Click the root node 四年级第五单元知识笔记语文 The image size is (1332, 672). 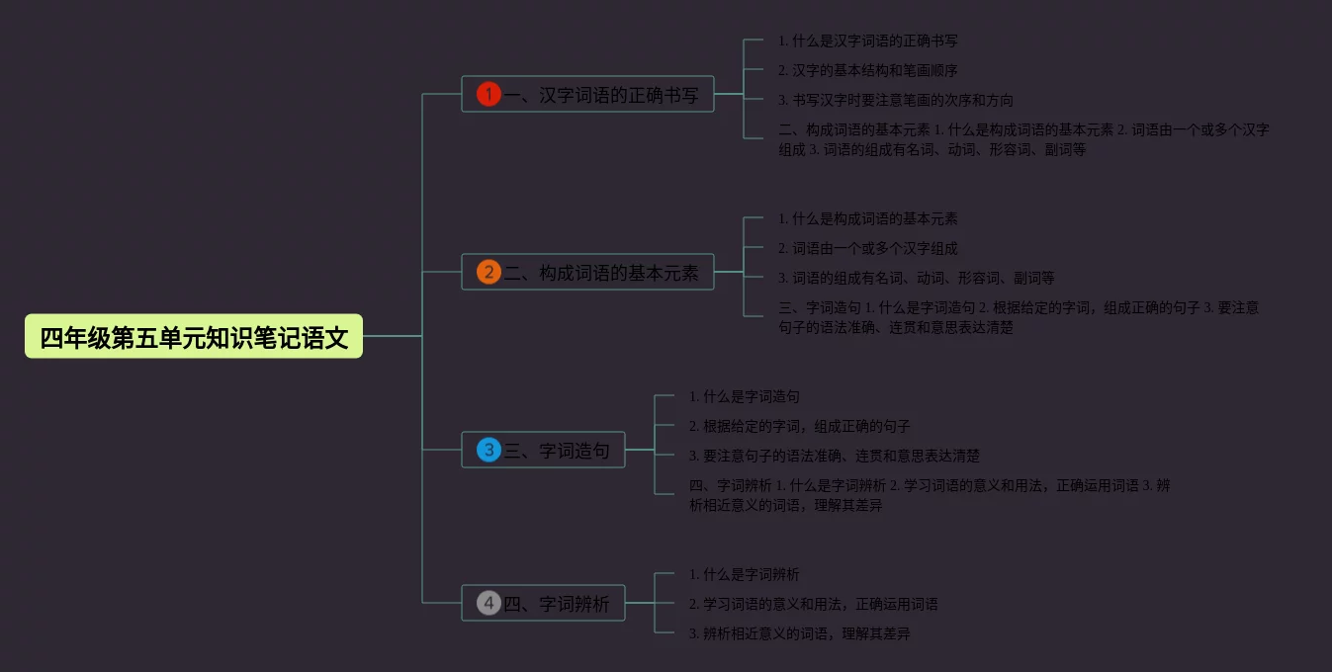pos(194,337)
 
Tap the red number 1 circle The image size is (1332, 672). pos(488,95)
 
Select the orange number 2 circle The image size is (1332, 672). pos(488,273)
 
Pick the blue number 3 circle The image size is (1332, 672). pos(488,451)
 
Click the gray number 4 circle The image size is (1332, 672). pos(488,603)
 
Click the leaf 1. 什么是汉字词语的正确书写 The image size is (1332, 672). pos(867,42)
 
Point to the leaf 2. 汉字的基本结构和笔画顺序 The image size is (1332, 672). pos(867,71)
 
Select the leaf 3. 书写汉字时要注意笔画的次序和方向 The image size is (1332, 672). pos(895,101)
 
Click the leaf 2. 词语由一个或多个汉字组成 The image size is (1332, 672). pos(867,249)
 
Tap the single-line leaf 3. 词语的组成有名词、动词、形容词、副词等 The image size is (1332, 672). pos(916,279)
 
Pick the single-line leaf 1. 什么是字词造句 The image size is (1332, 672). pos(744,397)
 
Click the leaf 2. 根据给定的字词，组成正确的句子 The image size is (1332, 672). pos(799,427)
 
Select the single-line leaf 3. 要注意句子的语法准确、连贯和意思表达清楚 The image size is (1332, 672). pos(834,457)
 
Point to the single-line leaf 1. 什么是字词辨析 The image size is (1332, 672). pos(744,575)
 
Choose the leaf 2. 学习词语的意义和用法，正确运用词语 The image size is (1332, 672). pos(813,605)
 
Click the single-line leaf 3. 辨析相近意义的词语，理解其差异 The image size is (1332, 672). pos(799,634)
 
